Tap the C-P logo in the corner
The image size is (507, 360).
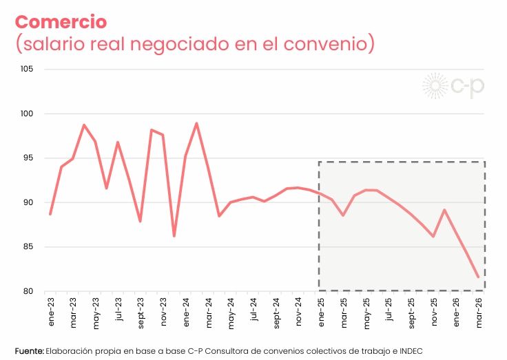[x=453, y=86]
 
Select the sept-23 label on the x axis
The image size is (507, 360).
[x=141, y=313]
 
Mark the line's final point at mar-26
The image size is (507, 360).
[x=478, y=277]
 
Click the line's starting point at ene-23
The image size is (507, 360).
[x=50, y=213]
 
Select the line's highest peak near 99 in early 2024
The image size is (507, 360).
[x=196, y=124]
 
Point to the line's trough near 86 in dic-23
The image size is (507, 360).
[x=174, y=235]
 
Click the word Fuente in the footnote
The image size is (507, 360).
[x=30, y=351]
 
